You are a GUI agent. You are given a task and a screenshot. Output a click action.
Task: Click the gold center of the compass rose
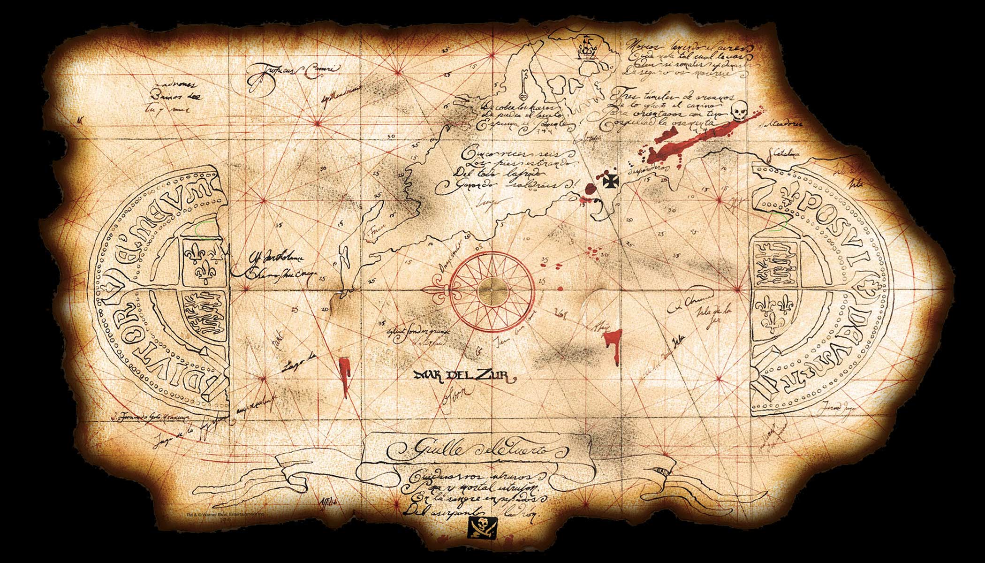coord(492,286)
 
